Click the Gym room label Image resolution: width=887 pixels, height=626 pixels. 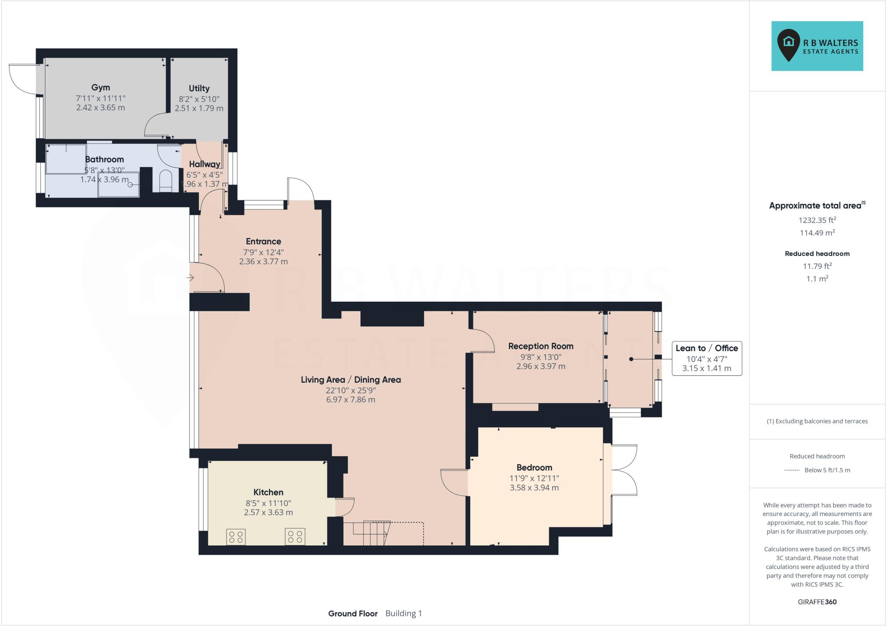(x=100, y=87)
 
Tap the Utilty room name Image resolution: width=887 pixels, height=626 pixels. (x=199, y=88)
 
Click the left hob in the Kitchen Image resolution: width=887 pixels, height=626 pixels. (x=236, y=537)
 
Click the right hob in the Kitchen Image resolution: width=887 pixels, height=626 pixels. (x=295, y=537)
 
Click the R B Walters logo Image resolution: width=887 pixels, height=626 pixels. (x=817, y=46)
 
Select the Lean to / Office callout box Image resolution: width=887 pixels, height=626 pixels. (x=706, y=358)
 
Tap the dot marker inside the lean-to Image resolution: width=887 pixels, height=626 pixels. (x=631, y=359)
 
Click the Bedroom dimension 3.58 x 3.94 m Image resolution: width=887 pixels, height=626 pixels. (x=534, y=488)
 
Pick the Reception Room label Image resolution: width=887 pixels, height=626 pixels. (x=541, y=346)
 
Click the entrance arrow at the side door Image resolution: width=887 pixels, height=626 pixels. (x=190, y=278)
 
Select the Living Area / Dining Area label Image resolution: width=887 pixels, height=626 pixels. (x=351, y=380)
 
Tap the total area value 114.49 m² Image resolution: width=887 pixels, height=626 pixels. (x=817, y=233)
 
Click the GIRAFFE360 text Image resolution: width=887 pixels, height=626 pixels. (x=817, y=602)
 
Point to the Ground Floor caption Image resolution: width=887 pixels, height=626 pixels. (x=353, y=613)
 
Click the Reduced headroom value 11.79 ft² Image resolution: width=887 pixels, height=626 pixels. (x=817, y=266)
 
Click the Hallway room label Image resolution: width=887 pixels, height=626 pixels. (x=204, y=164)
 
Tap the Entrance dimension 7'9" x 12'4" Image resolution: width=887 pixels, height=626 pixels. (x=263, y=252)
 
